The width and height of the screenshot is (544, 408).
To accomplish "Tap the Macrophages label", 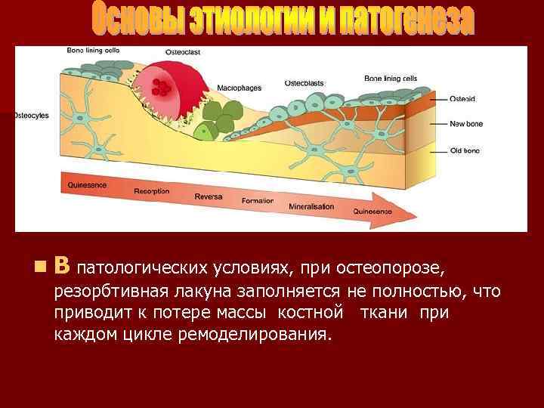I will coord(239,88).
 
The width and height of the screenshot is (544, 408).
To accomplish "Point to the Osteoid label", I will coord(462,99).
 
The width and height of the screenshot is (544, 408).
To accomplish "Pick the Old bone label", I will coord(464,151).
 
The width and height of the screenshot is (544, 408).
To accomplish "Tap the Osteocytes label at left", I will coord(31,116).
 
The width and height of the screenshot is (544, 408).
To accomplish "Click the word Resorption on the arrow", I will coord(152,191).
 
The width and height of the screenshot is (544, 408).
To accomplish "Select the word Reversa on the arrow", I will coord(208,196).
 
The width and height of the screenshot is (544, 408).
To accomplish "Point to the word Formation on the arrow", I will coord(258,201).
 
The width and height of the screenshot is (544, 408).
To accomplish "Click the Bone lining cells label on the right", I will coord(391,78).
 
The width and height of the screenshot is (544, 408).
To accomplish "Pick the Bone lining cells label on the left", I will coord(92,50).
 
